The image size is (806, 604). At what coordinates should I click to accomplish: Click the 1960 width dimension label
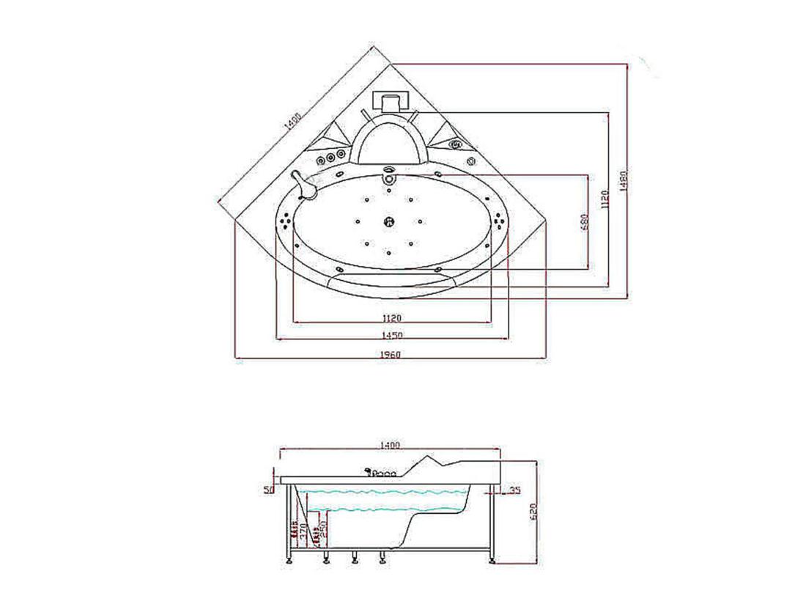click(x=392, y=355)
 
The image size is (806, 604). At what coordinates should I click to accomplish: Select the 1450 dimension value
click(x=392, y=336)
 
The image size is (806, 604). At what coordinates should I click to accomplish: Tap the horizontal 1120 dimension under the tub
click(x=392, y=318)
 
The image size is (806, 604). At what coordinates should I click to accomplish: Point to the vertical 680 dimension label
click(x=584, y=221)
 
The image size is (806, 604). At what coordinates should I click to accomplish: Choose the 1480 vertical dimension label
click(x=624, y=180)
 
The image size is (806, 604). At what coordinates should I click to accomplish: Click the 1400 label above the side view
click(x=389, y=445)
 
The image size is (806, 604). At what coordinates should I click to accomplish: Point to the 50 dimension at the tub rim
click(x=267, y=489)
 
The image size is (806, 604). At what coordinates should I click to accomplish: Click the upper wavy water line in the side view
click(x=381, y=492)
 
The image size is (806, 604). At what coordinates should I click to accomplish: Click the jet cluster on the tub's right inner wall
click(x=500, y=219)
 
